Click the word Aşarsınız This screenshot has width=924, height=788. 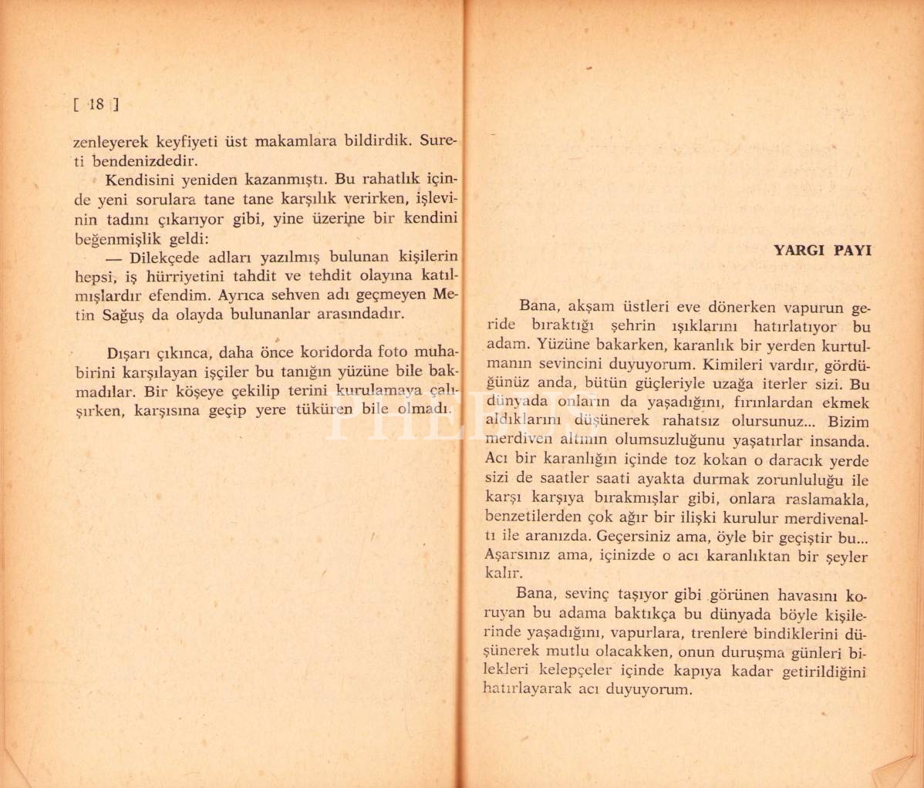click(526, 557)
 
